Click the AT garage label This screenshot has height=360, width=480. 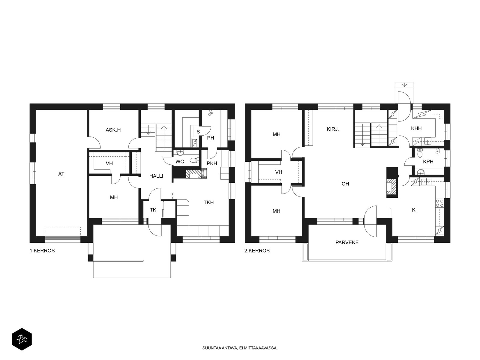pos(61,174)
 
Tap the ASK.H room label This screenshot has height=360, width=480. pos(113,130)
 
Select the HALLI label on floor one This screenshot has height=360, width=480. pos(156,176)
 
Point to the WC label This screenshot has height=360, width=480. pos(179,162)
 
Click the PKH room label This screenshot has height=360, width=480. pos(212,163)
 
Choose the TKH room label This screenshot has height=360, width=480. pos(208,202)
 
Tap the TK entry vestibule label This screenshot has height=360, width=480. pos(153,210)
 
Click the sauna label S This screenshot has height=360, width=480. pos(198,132)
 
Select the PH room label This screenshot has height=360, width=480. pos(210,138)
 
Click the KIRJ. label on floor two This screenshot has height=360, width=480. pos(333,129)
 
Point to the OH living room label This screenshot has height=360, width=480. pos(345,184)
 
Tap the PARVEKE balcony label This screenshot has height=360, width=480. pos(347,242)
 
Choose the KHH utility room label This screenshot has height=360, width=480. pos(416,128)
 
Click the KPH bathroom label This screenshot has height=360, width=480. pos(428,162)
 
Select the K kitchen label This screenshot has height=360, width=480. pos(413,210)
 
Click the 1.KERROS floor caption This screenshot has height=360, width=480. pos(42,251)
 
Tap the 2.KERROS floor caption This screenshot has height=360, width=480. pos(257,251)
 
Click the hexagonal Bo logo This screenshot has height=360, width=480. pos(22,340)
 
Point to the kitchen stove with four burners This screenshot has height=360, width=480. pos(440,203)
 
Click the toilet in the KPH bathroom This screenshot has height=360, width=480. pos(419,153)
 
